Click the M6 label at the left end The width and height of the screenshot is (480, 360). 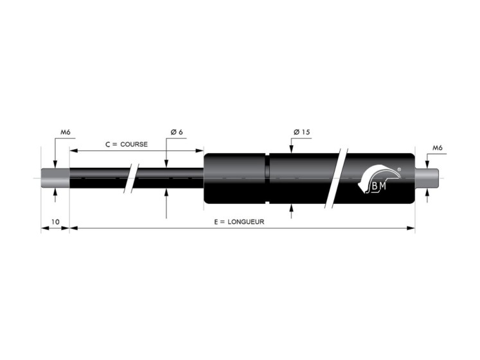[x=66, y=132]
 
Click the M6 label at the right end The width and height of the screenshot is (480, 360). [x=438, y=148]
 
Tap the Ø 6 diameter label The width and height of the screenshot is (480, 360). [x=177, y=132]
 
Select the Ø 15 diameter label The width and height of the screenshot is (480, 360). [x=302, y=132]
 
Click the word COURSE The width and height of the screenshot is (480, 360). [x=134, y=144]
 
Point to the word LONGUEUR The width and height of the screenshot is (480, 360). [x=246, y=222]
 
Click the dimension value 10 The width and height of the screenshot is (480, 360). [x=55, y=222]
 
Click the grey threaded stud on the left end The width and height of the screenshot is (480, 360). [x=55, y=178]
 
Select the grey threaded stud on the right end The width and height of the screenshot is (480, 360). [x=427, y=178]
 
